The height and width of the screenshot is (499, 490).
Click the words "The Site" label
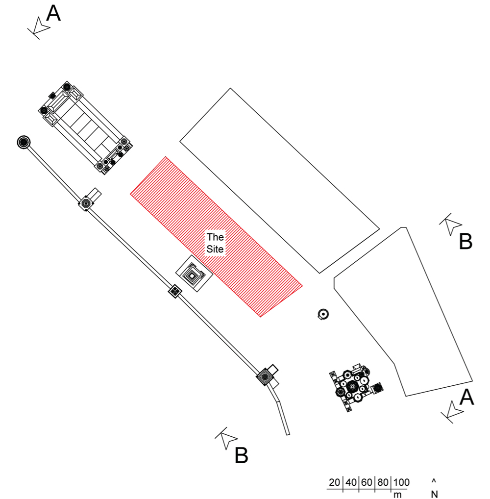click(215, 243)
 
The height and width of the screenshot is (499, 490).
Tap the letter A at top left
click(53, 14)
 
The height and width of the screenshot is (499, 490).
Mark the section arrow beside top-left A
click(39, 28)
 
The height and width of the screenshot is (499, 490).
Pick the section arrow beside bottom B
click(226, 439)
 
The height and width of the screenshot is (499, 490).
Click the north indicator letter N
click(434, 494)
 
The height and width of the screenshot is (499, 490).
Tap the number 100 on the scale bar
click(401, 482)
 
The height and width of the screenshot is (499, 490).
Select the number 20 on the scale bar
click(334, 482)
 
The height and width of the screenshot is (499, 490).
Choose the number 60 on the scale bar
click(367, 482)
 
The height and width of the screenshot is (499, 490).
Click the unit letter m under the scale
click(397, 495)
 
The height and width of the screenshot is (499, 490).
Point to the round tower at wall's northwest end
click(24, 142)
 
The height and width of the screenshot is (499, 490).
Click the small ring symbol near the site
click(323, 314)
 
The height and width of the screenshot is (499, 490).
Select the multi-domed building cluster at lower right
click(354, 387)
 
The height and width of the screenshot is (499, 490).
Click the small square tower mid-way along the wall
click(175, 291)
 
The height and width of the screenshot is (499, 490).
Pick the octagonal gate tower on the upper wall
click(85, 203)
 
